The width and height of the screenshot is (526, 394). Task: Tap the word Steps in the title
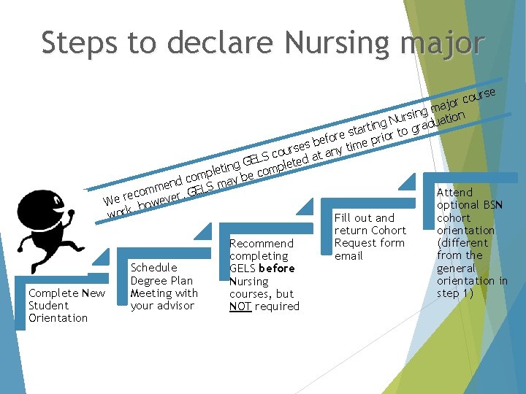tap(78, 42)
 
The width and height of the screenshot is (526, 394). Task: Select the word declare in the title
tap(213, 42)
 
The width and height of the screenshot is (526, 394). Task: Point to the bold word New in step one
tap(94, 293)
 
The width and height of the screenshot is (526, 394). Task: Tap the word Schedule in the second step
tap(153, 268)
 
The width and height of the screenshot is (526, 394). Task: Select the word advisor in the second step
tap(162, 306)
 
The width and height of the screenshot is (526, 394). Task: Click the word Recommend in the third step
tap(261, 243)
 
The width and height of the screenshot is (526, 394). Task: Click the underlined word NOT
tap(240, 306)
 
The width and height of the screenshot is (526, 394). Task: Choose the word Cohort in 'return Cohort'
tap(388, 231)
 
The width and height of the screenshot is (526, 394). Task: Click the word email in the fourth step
tap(348, 256)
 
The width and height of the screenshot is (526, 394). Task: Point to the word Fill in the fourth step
tap(344, 217)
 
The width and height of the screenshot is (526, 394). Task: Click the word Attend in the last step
tap(454, 193)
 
